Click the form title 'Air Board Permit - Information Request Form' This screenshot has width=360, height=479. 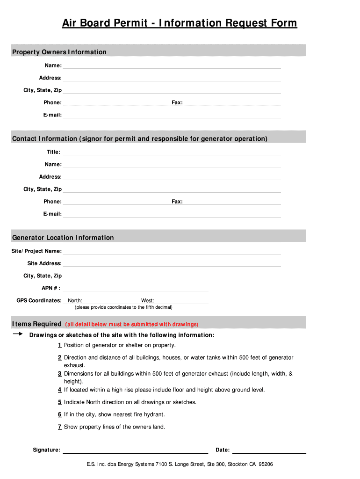click(180, 23)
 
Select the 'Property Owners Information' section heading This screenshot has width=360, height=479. click(59, 52)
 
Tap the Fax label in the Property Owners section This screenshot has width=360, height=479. click(177, 102)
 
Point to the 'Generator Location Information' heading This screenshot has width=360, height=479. click(63, 238)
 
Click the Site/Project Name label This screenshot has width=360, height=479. click(36, 251)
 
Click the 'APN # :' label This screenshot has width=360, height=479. click(51, 288)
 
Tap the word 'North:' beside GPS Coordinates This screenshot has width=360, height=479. click(75, 300)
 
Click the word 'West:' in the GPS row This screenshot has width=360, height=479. click(148, 300)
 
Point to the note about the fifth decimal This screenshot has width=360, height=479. click(123, 307)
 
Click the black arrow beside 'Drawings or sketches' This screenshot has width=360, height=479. click(18, 334)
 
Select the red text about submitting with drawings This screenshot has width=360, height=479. click(132, 324)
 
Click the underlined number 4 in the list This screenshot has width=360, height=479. click(59, 390)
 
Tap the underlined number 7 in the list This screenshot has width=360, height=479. click(59, 427)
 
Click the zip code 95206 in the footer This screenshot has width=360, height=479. click(266, 464)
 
